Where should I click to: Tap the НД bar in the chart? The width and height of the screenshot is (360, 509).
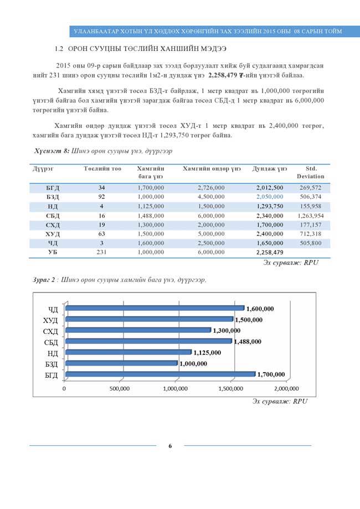click(x=128, y=352)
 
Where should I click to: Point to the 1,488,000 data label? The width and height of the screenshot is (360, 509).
click(x=248, y=342)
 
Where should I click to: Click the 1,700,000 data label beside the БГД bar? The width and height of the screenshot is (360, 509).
click(x=271, y=375)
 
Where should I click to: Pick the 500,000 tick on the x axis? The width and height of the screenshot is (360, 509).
click(x=121, y=388)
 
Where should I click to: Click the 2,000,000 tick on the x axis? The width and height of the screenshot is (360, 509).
click(x=287, y=388)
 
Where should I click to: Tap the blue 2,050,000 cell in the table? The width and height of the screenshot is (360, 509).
click(x=270, y=197)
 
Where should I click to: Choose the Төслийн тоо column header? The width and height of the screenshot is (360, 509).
click(x=102, y=168)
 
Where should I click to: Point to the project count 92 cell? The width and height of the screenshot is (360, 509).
click(x=102, y=197)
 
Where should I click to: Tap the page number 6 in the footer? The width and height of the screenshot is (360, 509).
click(x=171, y=446)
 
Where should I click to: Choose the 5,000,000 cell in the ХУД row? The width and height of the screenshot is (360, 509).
click(x=211, y=234)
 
